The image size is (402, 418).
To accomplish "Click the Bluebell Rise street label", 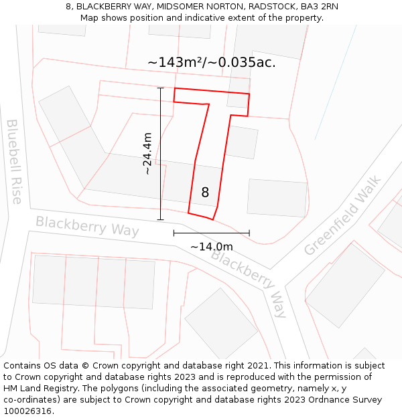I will [x=14, y=161].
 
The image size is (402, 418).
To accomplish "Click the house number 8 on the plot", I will [x=205, y=193].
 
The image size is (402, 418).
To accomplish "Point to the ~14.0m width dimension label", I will [x=212, y=247].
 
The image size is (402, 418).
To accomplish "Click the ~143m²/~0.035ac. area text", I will [x=212, y=63].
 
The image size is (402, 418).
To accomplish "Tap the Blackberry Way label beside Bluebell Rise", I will [x=87, y=226].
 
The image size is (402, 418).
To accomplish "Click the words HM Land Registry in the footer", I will [x=40, y=388].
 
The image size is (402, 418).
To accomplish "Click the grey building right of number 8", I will [x=277, y=197].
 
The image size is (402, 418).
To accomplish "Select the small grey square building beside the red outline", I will [x=241, y=142].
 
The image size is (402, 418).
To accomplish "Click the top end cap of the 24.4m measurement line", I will [x=160, y=88].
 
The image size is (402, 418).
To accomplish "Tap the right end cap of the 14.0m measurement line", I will [x=249, y=233].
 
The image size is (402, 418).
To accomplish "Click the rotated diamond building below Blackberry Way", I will [x=221, y=324].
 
